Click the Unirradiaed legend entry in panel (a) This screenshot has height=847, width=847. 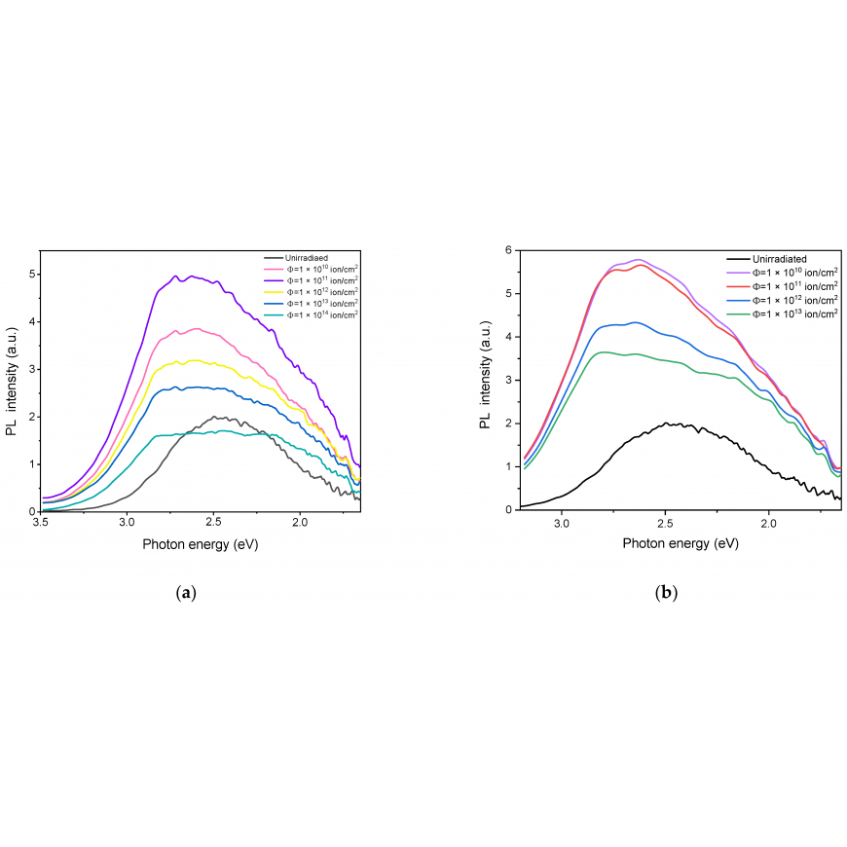tap(297, 258)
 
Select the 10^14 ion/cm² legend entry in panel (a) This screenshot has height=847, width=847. tap(312, 314)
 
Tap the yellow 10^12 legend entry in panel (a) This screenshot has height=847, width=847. tap(312, 292)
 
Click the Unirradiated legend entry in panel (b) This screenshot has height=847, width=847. tap(767, 259)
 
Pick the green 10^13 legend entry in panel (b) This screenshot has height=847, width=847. tap(783, 313)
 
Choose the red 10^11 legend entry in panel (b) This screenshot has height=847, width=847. tap(783, 286)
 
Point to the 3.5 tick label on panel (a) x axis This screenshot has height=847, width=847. tap(41, 523)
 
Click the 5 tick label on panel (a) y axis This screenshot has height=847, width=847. tap(32, 275)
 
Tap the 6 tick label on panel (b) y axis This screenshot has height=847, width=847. tap(508, 250)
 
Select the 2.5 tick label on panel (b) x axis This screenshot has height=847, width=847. tap(666, 523)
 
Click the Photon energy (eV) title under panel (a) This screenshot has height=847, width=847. tap(201, 544)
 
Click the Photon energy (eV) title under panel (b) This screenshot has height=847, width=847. tap(681, 543)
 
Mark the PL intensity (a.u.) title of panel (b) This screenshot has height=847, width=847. tap(485, 375)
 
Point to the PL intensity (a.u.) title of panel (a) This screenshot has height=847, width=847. tap(12, 382)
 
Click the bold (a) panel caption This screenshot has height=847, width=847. tap(186, 593)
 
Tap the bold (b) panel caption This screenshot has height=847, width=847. tap(666, 593)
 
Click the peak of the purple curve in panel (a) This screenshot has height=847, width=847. tap(175, 276)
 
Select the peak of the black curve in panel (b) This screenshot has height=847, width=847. tap(666, 423)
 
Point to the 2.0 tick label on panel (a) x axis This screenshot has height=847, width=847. tap(300, 523)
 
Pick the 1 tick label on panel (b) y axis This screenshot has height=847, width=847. tap(508, 466)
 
